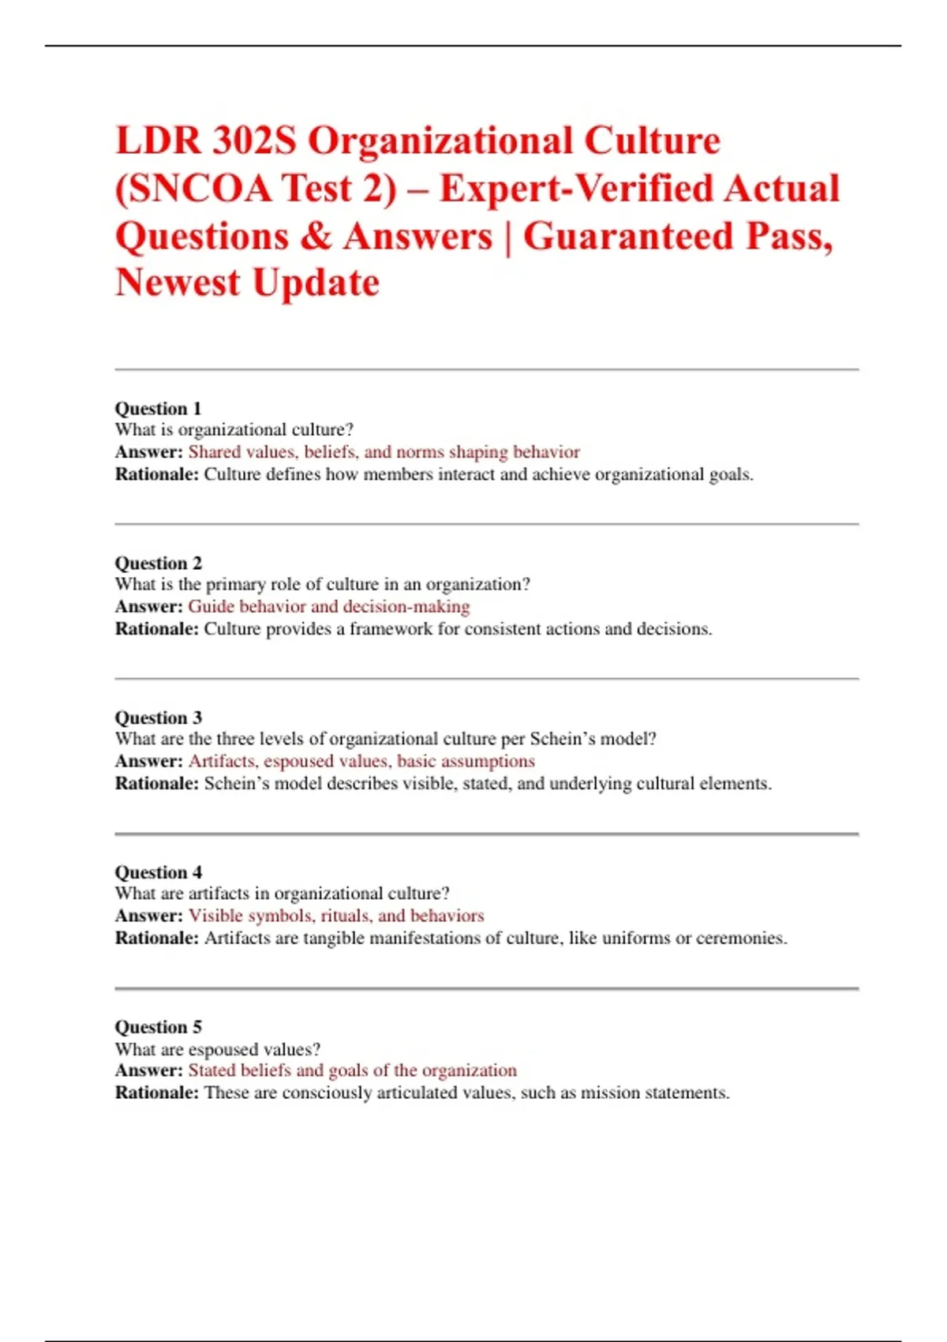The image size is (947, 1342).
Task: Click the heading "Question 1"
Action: click(158, 408)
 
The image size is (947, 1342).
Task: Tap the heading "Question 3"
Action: click(158, 718)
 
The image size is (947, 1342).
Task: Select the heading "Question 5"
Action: click(158, 1027)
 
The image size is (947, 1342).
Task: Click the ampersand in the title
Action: click(316, 236)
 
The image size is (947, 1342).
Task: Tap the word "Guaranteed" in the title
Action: click(628, 236)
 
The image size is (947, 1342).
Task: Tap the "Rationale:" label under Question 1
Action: click(156, 474)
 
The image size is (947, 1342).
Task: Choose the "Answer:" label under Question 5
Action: click(148, 1070)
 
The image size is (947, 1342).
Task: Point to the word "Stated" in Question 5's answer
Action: click(211, 1070)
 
